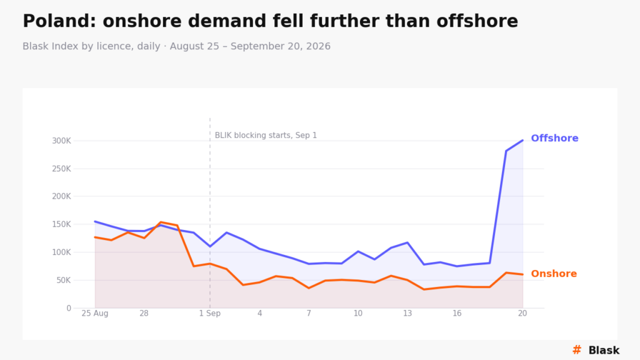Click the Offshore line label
(554, 138)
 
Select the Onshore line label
(554, 274)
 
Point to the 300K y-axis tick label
(61, 141)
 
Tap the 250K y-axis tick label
(61, 169)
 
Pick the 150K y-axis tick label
(61, 224)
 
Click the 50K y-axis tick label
(64, 281)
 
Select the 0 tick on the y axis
(69, 308)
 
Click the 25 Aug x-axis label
(95, 314)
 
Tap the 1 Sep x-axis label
(210, 314)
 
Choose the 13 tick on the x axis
(407, 314)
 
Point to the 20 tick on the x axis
(522, 314)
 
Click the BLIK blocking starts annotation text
(266, 136)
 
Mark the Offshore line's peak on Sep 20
(522, 141)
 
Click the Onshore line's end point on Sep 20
(522, 274)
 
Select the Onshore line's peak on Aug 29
(161, 222)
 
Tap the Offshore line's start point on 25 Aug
(95, 222)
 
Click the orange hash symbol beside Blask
(577, 350)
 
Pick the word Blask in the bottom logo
(604, 350)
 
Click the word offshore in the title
(477, 21)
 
